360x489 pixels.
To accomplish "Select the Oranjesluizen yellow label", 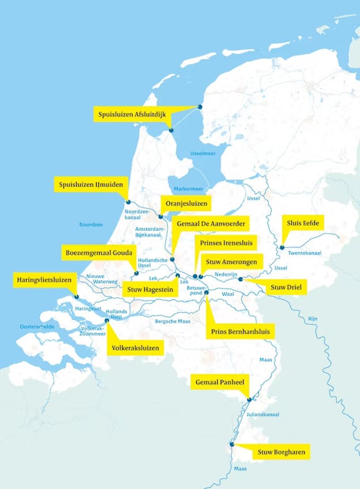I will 185,203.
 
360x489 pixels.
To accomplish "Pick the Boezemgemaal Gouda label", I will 98,253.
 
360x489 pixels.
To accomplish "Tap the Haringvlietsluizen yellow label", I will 46,280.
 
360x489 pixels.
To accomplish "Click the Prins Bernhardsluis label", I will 240,332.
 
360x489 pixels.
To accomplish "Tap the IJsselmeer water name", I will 202,153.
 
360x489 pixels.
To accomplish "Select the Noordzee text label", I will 91,225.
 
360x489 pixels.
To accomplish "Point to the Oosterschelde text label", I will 37,326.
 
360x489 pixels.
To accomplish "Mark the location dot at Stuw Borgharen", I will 232,445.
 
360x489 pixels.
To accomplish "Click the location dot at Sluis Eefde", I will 282,247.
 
